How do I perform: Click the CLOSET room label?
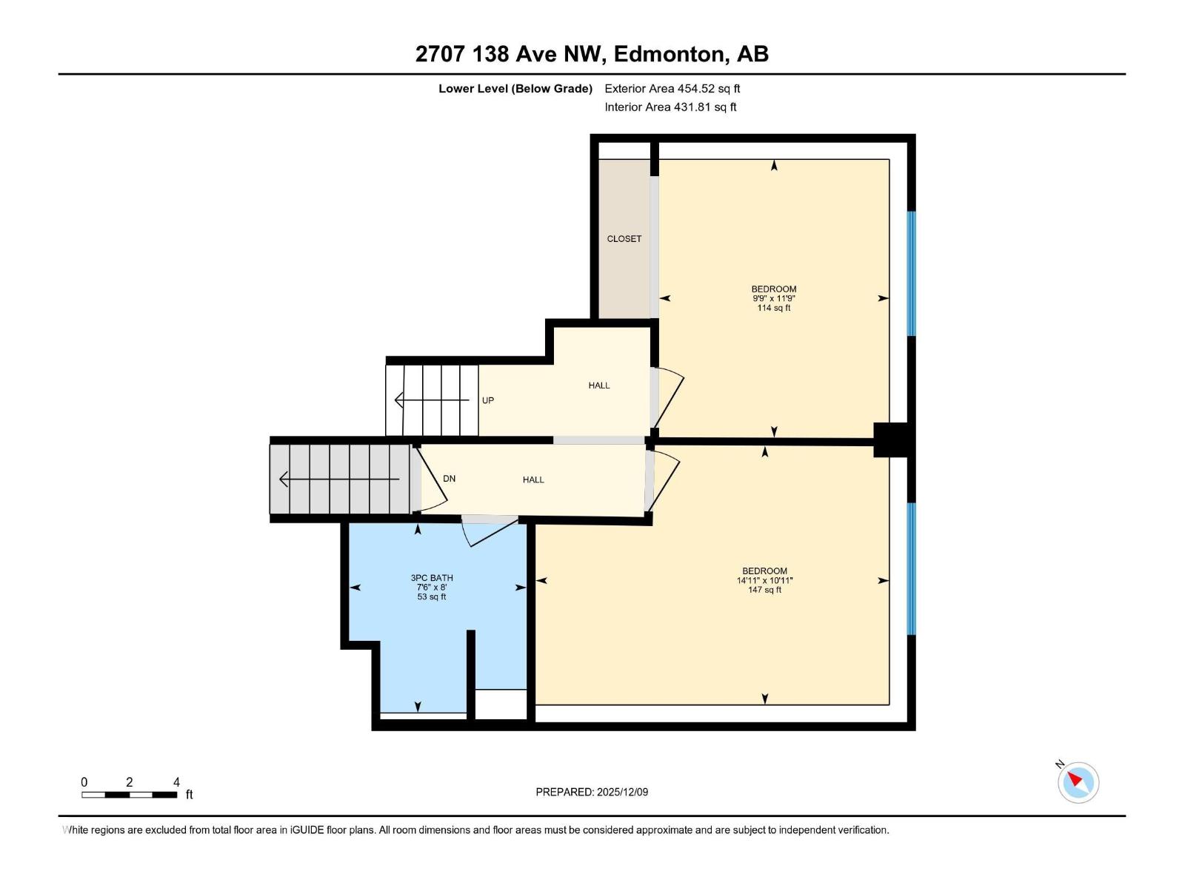tap(624, 239)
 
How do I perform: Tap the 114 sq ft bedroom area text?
tap(773, 308)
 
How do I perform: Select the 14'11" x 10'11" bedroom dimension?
tap(764, 581)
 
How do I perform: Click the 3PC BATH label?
tap(432, 578)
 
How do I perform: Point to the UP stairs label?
tap(487, 400)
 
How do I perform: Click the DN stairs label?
tap(449, 479)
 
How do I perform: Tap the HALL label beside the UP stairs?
tap(598, 386)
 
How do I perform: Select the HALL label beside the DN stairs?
tap(533, 480)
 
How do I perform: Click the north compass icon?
tap(1078, 782)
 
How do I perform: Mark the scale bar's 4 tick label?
tap(176, 782)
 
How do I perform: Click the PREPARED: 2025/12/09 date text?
tap(592, 792)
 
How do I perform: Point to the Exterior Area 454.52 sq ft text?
tap(672, 89)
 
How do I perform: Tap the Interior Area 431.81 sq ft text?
tap(670, 107)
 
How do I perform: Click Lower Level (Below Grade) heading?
tap(515, 89)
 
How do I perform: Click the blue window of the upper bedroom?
tap(911, 274)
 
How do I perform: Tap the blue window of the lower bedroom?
tap(911, 568)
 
